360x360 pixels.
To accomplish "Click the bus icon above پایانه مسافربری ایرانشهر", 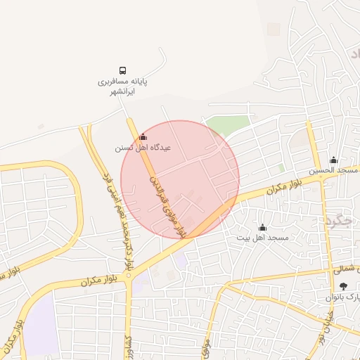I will (x=123, y=71).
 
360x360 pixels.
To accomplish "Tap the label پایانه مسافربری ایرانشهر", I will (x=122, y=86).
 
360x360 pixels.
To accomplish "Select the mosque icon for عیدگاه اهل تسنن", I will (x=143, y=137).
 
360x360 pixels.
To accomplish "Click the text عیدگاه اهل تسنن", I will (x=143, y=148).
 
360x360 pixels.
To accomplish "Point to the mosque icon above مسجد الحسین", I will (x=333, y=160).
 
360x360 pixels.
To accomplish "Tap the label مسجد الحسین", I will (x=333, y=171).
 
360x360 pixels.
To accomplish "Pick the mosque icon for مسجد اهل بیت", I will (x=262, y=227).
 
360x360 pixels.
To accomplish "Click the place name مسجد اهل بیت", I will (x=262, y=238).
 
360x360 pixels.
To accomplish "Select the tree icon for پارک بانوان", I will (x=342, y=285).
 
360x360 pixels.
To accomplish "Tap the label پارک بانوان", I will (x=342, y=297).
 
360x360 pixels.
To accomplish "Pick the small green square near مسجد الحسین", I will (x=281, y=168).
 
